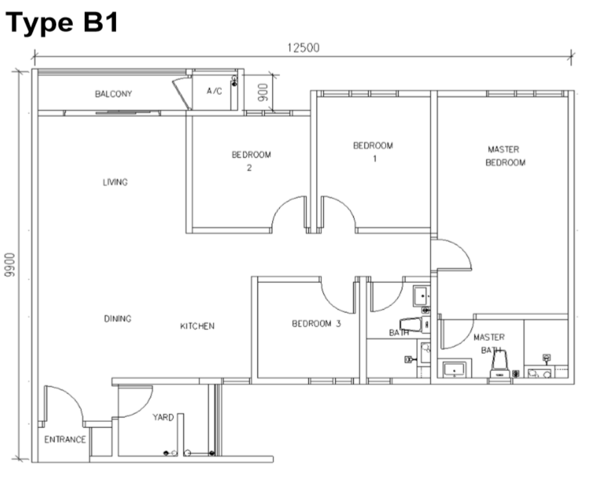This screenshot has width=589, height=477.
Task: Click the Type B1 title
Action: coord(62,23)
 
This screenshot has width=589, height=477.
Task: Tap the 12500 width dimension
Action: coord(303,48)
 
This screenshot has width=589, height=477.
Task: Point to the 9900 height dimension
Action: coord(10,265)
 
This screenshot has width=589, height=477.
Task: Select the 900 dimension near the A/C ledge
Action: coord(264,92)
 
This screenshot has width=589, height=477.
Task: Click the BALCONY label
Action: coord(114,94)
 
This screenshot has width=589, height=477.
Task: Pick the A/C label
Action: coord(215,91)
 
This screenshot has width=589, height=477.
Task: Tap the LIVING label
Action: coord(115,182)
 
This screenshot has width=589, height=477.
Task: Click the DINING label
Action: coord(117,319)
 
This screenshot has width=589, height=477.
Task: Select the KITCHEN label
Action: coord(197,326)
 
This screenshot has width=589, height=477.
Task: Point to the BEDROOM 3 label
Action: coord(316,324)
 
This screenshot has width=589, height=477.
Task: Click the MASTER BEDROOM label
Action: coord(505,156)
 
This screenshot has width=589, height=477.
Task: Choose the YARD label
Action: coord(163,418)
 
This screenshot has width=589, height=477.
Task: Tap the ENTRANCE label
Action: coord(65,440)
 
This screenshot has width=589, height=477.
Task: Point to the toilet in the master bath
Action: coord(500,365)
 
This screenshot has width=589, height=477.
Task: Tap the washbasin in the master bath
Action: coord(454,369)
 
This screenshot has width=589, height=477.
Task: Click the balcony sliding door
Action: coord(123,112)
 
